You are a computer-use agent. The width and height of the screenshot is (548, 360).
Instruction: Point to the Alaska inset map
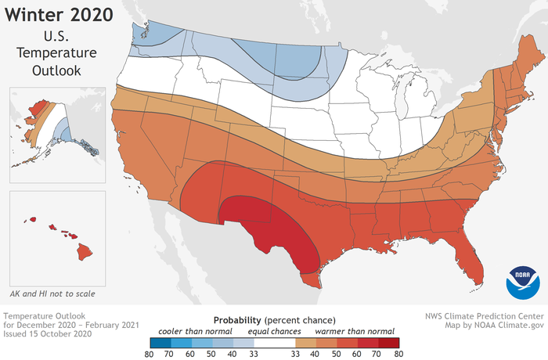[47, 125]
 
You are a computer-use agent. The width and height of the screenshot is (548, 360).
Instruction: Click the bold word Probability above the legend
[239, 320]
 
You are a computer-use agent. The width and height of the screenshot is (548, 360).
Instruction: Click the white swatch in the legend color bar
[274, 342]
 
